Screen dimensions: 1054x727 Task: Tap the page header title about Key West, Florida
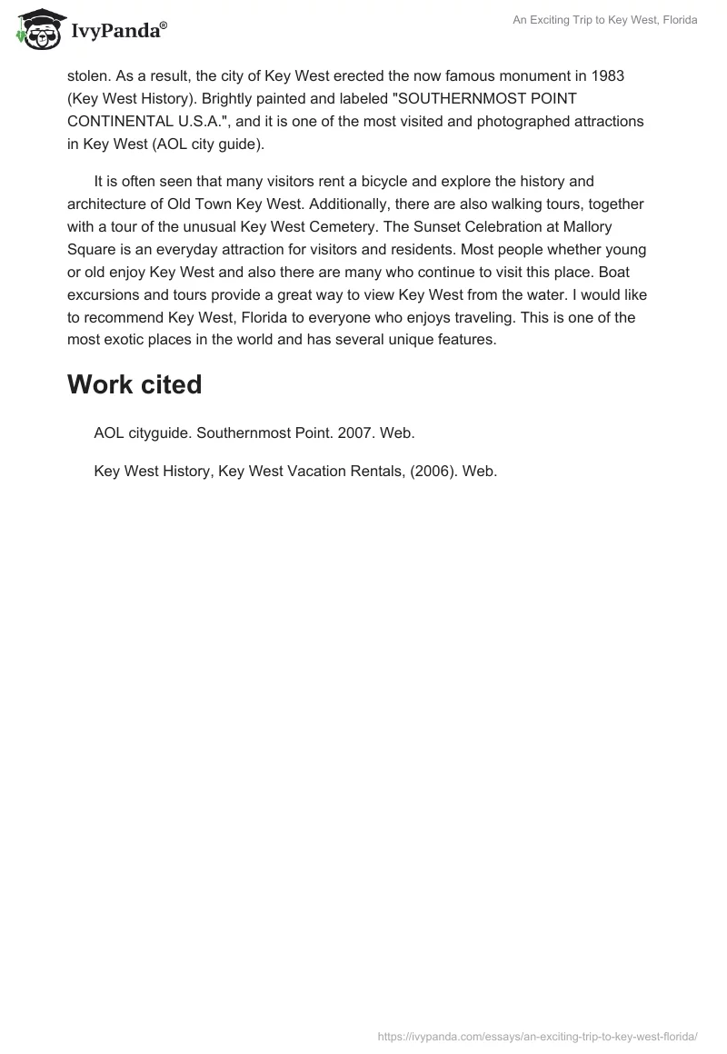[x=605, y=20]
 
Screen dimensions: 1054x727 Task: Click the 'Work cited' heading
[x=134, y=385]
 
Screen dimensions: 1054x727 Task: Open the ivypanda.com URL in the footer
[x=537, y=1036]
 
